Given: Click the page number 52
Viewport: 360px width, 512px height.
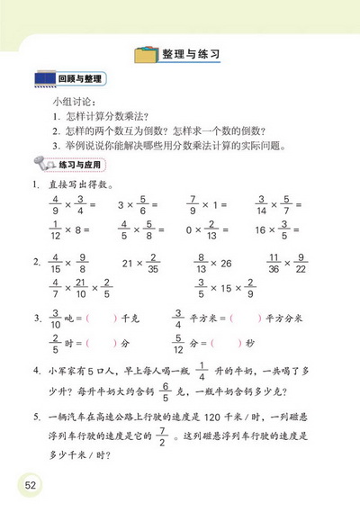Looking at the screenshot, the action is [30, 486].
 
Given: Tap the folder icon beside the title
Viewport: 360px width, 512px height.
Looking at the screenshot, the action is [144, 54].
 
